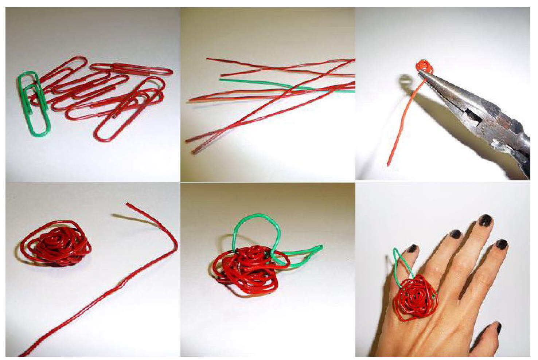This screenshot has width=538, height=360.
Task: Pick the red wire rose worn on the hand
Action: click(x=416, y=297)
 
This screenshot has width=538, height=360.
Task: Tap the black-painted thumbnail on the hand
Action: click(x=497, y=328)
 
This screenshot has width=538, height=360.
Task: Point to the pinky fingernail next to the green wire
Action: click(x=412, y=249)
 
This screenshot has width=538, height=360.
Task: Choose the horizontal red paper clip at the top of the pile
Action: click(x=131, y=69)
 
